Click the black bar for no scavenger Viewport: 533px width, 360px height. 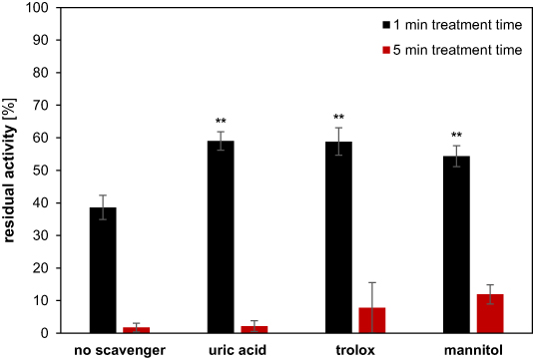click(105, 269)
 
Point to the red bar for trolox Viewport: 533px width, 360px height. click(372, 320)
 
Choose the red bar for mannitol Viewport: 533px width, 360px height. click(489, 313)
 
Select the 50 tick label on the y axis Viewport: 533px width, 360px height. click(45, 171)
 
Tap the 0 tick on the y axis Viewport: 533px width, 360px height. click(49, 333)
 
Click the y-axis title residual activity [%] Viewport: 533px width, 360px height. click(14, 170)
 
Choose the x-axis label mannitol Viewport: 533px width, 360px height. click(471, 350)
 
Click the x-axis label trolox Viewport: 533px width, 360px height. click(355, 350)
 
